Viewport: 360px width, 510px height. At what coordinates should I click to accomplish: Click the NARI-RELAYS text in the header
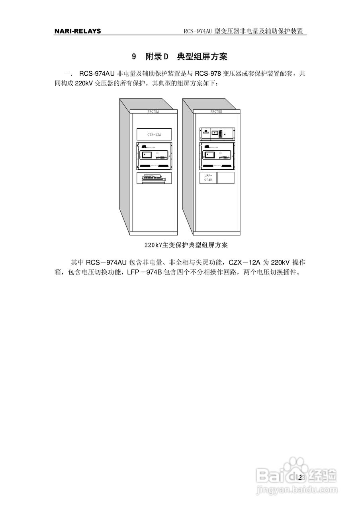click(78, 31)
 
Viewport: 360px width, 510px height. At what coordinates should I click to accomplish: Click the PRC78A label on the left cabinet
click(153, 112)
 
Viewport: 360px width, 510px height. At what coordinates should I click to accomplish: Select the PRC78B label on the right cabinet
click(216, 112)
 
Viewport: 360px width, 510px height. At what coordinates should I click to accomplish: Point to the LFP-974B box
click(208, 178)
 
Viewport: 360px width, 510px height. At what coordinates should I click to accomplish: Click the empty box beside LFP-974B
click(226, 178)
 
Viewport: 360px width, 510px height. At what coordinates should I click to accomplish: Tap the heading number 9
click(134, 57)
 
